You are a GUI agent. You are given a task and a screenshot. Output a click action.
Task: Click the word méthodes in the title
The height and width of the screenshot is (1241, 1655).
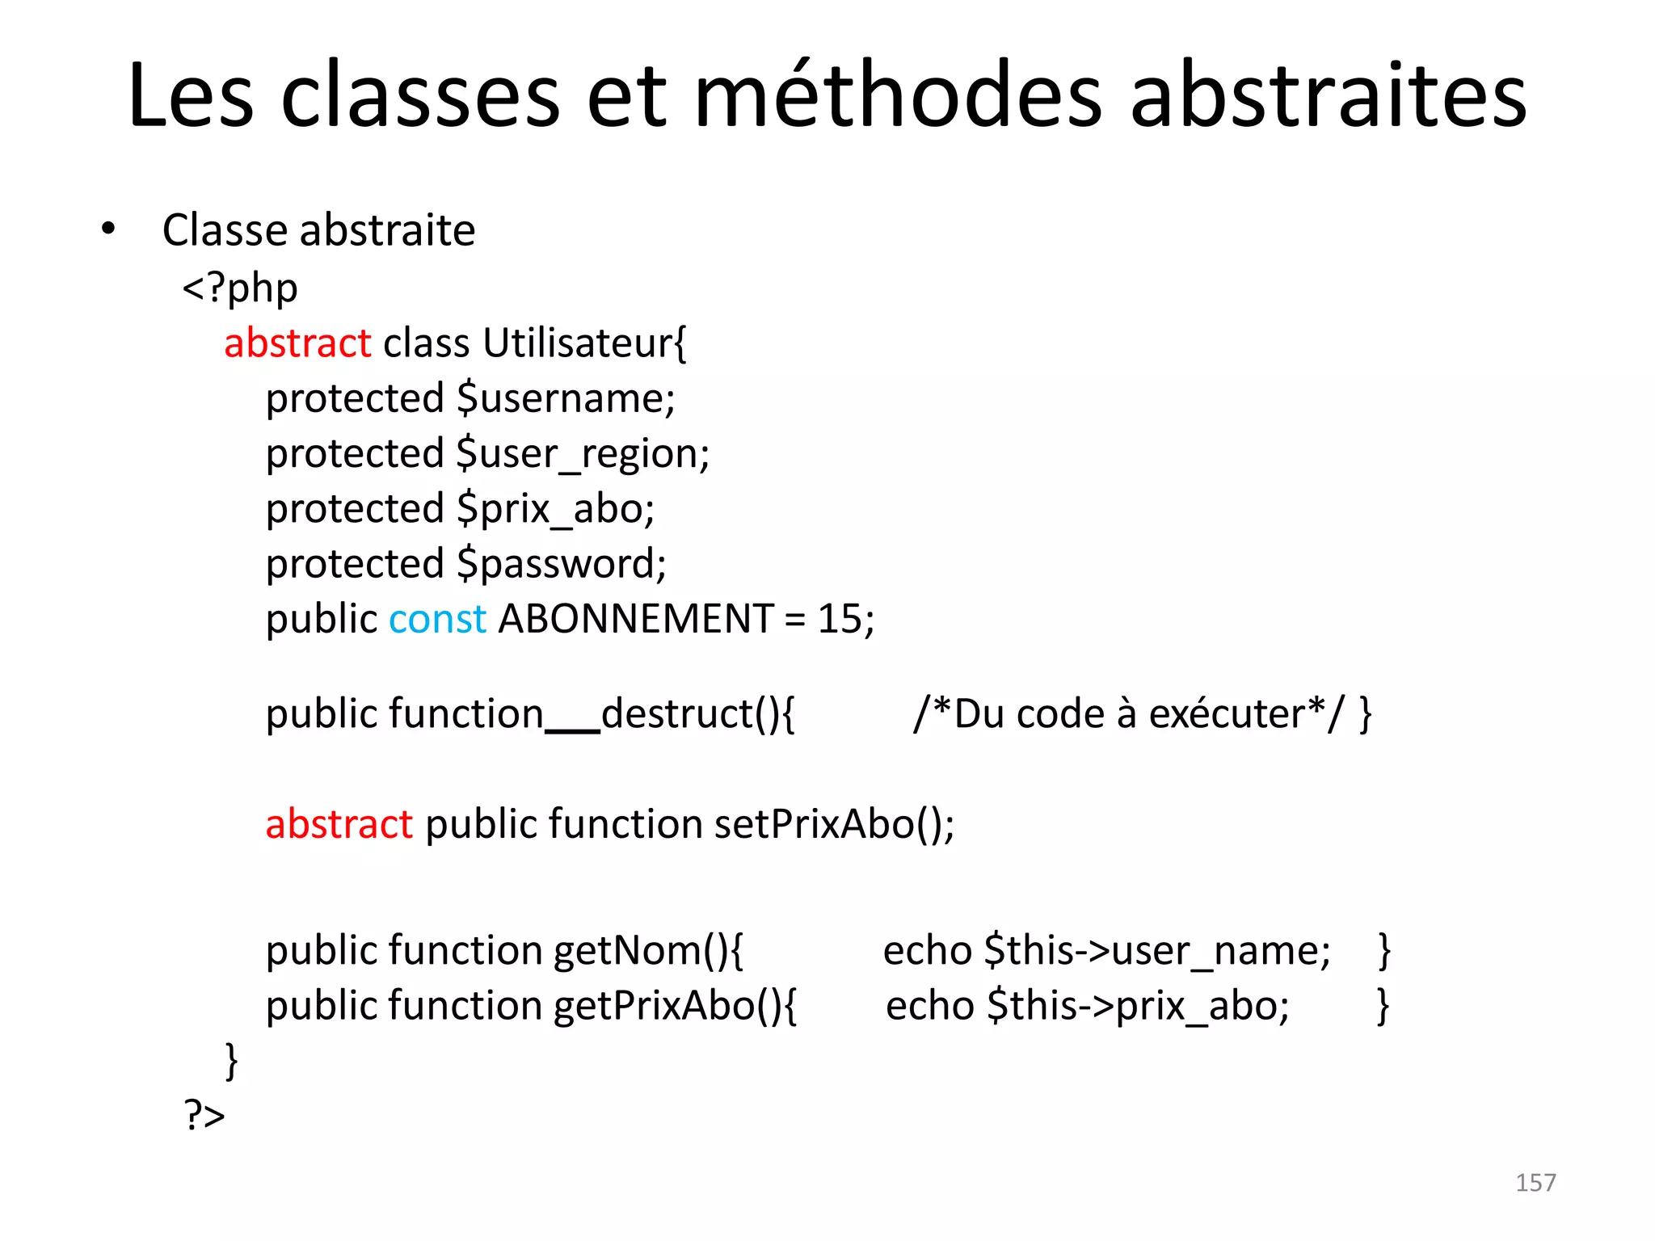tap(897, 95)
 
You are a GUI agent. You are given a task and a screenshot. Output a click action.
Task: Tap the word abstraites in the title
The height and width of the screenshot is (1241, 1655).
tap(1327, 95)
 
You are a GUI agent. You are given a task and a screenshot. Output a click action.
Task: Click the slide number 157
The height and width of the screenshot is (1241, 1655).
tap(1535, 1183)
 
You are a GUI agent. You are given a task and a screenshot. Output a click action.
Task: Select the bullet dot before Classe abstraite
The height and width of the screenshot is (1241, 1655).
tap(108, 229)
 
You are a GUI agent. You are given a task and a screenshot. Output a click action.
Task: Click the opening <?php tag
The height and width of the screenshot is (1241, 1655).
tap(240, 288)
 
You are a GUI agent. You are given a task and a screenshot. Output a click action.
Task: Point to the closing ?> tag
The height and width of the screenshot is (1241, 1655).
tap(204, 1116)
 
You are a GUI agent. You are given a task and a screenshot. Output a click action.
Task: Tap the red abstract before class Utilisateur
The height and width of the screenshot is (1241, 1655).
tap(297, 343)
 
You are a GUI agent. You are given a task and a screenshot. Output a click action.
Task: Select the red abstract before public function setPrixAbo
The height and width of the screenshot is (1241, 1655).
tap(339, 824)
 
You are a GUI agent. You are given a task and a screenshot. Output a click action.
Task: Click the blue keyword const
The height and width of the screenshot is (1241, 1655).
tap(437, 619)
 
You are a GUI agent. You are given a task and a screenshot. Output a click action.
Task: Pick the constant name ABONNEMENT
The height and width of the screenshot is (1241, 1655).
tap(636, 619)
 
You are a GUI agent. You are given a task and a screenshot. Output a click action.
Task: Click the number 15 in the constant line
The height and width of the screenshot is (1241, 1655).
tap(840, 619)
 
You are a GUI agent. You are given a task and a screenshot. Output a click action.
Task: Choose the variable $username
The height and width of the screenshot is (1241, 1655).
tap(565, 398)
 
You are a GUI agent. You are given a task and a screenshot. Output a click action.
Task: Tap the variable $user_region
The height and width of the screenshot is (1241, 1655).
tap(582, 454)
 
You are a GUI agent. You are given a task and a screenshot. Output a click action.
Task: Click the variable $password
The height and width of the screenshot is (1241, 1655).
tap(561, 564)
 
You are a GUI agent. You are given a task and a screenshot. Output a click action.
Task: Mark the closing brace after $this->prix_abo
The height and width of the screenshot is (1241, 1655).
tap(1383, 1006)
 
